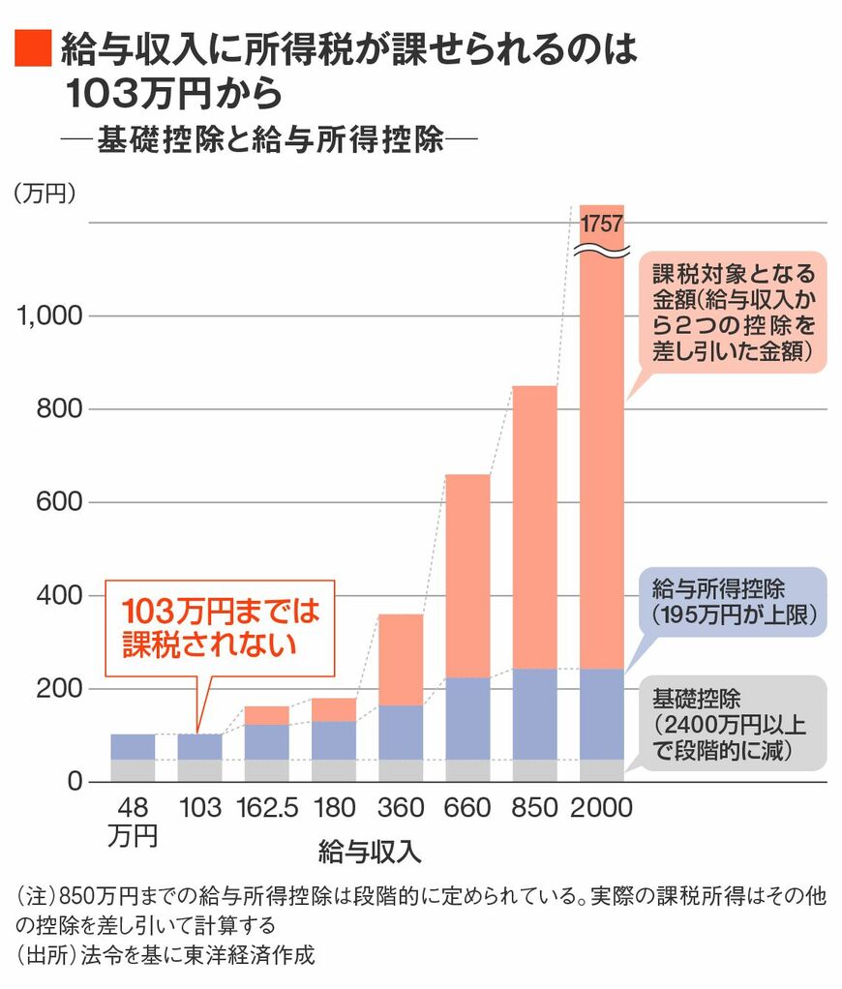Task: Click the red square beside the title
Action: click(x=31, y=49)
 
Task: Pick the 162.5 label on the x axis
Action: click(x=266, y=808)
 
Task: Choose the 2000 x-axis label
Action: click(x=601, y=808)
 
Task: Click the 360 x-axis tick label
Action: click(x=401, y=808)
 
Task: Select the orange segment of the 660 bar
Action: click(x=467, y=576)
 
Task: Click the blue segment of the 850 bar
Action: click(x=534, y=713)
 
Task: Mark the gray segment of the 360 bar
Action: click(x=401, y=770)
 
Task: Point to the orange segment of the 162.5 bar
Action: click(x=266, y=715)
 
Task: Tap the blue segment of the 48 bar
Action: click(x=133, y=746)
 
